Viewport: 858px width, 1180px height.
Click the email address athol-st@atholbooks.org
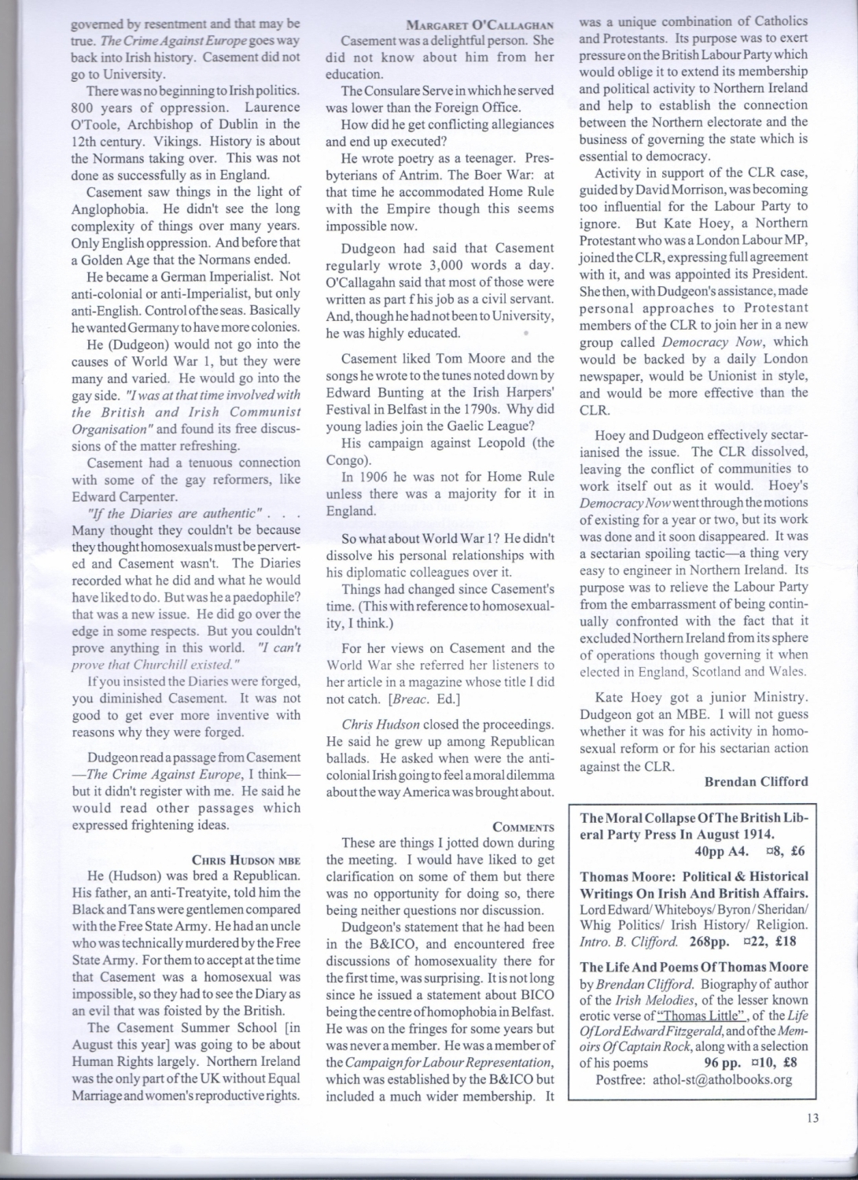pos(722,1079)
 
